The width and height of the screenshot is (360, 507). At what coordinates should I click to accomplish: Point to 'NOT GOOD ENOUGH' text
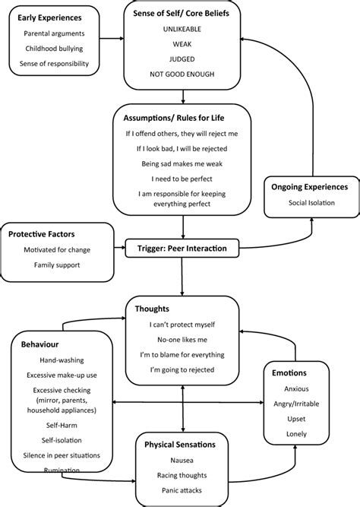tap(183, 75)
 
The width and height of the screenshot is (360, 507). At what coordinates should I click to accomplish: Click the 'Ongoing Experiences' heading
tap(310, 186)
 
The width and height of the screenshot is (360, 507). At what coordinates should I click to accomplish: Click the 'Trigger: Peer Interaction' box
tap(183, 248)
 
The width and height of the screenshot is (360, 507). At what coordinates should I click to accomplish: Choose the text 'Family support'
tap(58, 265)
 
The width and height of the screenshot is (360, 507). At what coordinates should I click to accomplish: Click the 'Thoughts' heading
tap(152, 309)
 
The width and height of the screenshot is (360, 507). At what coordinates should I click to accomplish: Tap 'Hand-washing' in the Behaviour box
tap(58, 360)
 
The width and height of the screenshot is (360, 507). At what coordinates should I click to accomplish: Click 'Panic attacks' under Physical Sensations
tap(183, 492)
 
